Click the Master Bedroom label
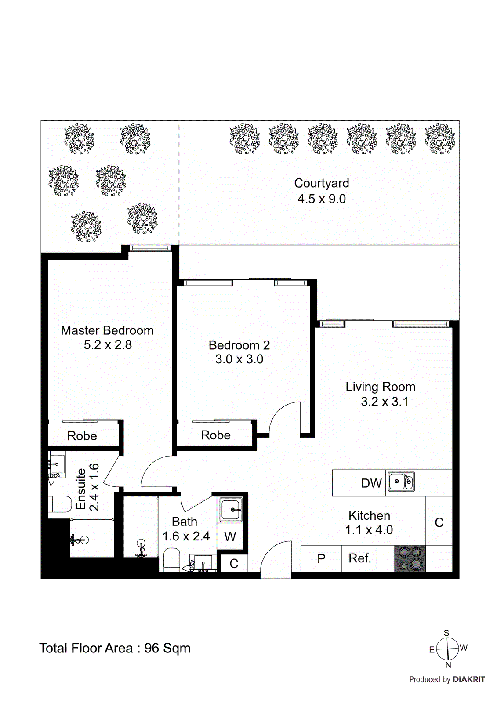pyautogui.click(x=107, y=330)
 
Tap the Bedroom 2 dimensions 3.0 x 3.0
pyautogui.click(x=239, y=359)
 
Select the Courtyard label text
pyautogui.click(x=322, y=183)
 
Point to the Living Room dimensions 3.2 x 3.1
pyautogui.click(x=385, y=402)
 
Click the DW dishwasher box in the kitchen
pyautogui.click(x=372, y=483)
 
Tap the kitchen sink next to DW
pyautogui.click(x=401, y=482)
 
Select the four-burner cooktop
pyautogui.click(x=410, y=558)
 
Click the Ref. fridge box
pyautogui.click(x=359, y=558)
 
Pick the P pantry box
pyautogui.click(x=321, y=559)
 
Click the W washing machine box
pyautogui.click(x=230, y=536)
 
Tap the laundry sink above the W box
pyautogui.click(x=231, y=510)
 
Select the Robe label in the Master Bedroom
pyautogui.click(x=82, y=436)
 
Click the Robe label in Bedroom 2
pyautogui.click(x=216, y=435)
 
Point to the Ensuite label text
pyautogui.click(x=81, y=489)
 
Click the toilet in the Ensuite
pyautogui.click(x=59, y=504)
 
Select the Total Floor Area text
pyautogui.click(x=115, y=648)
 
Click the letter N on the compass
pyautogui.click(x=448, y=665)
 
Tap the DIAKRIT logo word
pyautogui.click(x=468, y=680)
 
